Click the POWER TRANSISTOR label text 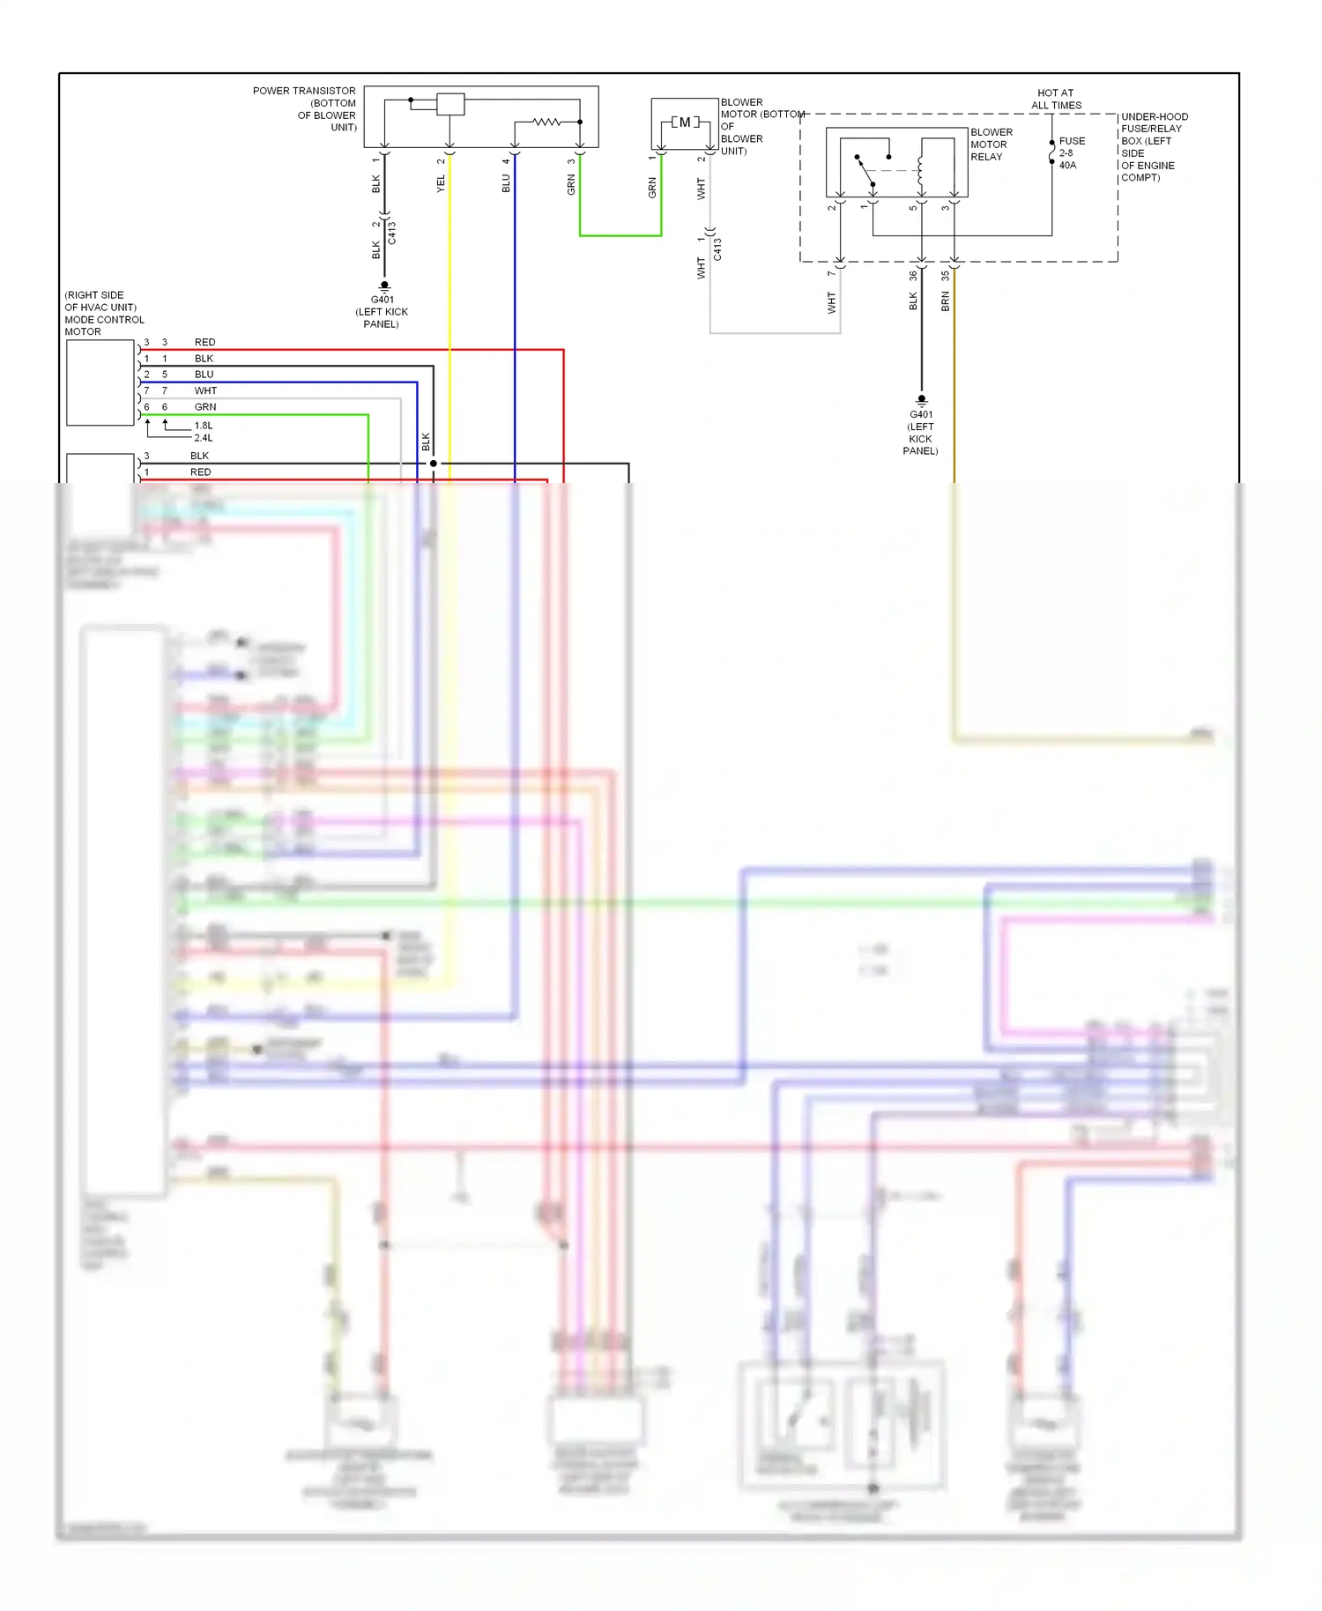[304, 91]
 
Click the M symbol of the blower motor [685, 122]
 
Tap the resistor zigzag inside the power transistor [546, 122]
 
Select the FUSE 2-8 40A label [1072, 153]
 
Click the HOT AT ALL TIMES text [1056, 99]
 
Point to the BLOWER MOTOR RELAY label [991, 145]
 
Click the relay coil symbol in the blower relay [920, 167]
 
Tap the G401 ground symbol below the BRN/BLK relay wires [922, 400]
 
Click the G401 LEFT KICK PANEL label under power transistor [382, 312]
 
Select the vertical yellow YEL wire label [442, 183]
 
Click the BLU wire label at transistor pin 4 [506, 183]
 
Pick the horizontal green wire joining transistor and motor [620, 235]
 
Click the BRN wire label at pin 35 [946, 302]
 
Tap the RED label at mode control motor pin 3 [204, 342]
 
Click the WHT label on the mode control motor [205, 390]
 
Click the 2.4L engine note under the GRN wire [204, 438]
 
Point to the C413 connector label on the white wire [717, 249]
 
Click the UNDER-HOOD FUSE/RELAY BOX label [1154, 146]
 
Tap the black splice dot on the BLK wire [433, 464]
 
